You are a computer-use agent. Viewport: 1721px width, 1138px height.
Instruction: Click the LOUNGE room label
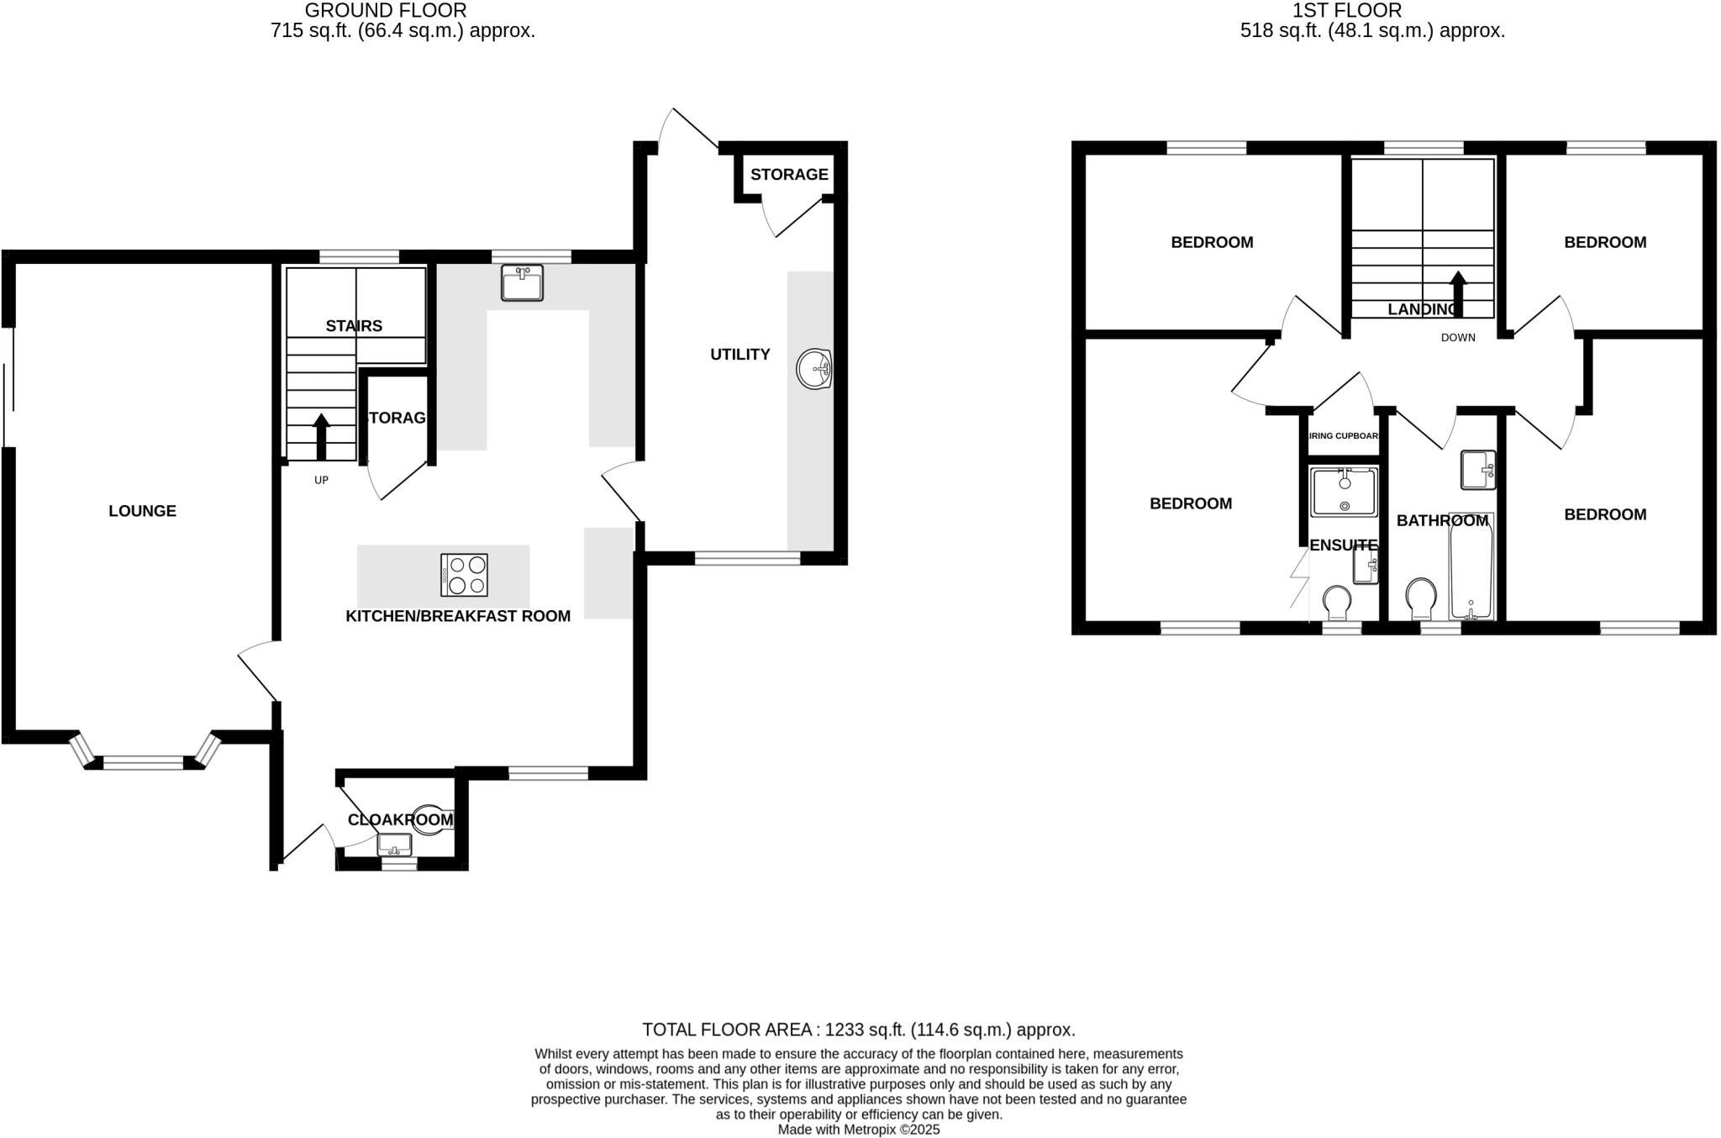tap(142, 511)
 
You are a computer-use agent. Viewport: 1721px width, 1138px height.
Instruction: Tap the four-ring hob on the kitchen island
tap(464, 575)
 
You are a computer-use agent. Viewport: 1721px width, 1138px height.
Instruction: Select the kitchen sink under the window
tap(522, 283)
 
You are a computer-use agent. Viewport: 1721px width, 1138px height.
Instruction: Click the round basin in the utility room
tap(813, 369)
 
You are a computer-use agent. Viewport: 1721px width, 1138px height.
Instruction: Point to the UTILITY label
tap(739, 355)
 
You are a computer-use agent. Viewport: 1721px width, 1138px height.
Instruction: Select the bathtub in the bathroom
tap(1471, 567)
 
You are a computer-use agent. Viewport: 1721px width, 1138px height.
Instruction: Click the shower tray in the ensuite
tap(1344, 492)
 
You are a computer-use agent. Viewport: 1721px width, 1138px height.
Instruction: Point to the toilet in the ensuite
tap(1336, 602)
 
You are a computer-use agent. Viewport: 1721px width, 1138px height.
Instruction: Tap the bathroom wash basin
tap(1477, 470)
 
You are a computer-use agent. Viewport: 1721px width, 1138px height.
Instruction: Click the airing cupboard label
tap(1344, 436)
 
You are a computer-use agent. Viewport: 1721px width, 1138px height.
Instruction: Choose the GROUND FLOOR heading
tap(385, 11)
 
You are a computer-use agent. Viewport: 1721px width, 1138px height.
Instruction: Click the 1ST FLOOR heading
tap(1371, 11)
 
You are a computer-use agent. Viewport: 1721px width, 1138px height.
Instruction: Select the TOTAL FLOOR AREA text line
tap(859, 1030)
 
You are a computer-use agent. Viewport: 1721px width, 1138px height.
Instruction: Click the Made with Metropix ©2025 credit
tap(859, 1130)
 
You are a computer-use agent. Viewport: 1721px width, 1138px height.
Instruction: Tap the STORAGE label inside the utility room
tap(789, 175)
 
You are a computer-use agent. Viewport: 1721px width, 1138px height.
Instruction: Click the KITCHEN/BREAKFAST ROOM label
tap(458, 616)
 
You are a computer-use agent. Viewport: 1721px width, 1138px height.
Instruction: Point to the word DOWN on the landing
tap(1458, 338)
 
